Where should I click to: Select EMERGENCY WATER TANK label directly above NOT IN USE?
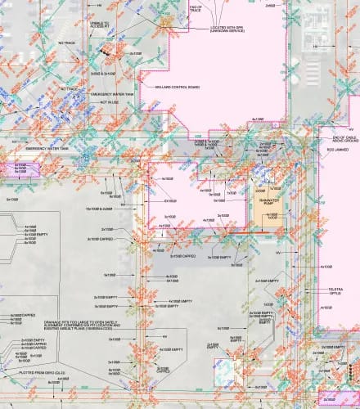click(x=109, y=95)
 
